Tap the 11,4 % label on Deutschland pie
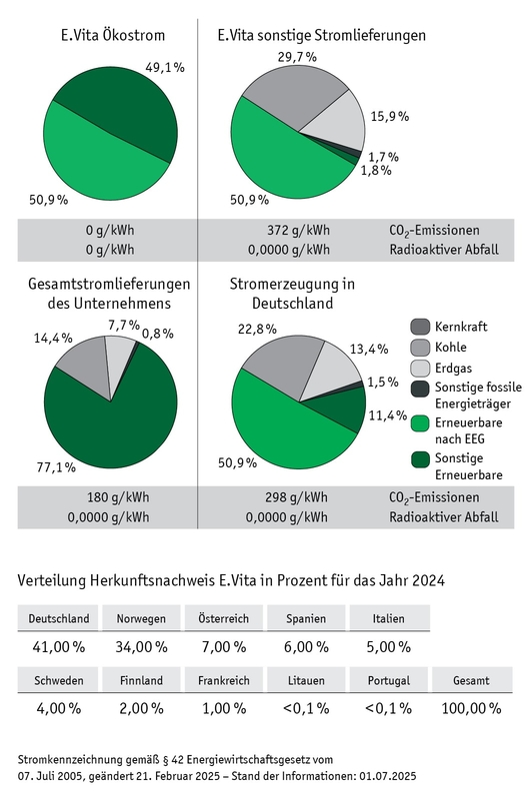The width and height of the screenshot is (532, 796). coord(386,414)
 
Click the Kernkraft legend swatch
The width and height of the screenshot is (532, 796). coord(420,327)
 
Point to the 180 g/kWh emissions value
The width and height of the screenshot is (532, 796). coord(109,497)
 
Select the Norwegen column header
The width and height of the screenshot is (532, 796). coord(140,619)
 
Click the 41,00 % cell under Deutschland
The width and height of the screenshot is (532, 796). coord(59,646)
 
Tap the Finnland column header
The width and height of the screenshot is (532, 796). coord(140,681)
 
